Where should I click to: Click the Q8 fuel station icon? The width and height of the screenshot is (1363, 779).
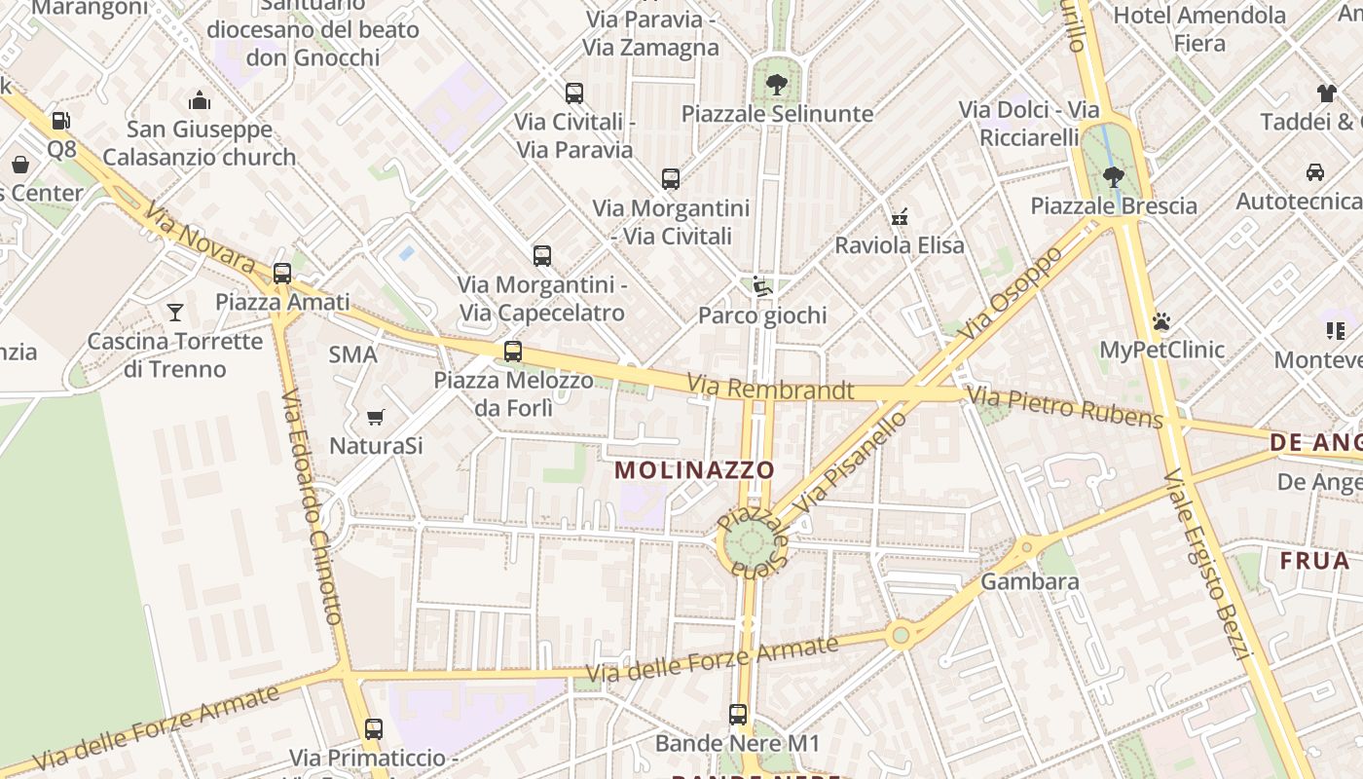[x=60, y=121]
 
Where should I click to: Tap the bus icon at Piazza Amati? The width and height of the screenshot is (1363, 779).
[x=282, y=274]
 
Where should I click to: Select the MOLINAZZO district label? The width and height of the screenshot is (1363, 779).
[x=695, y=470]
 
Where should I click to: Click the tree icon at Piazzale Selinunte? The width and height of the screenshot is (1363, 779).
[x=776, y=85]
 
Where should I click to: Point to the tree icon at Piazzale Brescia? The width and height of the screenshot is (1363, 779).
[x=1114, y=177]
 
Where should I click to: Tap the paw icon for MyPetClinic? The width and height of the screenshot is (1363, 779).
[x=1160, y=321]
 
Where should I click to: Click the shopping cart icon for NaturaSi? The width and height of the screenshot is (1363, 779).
[x=375, y=418]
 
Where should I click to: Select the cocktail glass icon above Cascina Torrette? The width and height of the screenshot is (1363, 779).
[x=175, y=313]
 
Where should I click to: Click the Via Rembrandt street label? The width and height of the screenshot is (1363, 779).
[x=770, y=389]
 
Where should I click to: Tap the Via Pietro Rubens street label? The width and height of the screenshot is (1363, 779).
[x=1064, y=408]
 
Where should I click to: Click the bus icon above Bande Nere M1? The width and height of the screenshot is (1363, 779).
[x=738, y=715]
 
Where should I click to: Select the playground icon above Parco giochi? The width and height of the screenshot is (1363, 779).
[x=762, y=287]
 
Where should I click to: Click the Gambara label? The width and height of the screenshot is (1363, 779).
[x=1030, y=582]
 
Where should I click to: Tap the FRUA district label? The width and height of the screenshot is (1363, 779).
[x=1314, y=561]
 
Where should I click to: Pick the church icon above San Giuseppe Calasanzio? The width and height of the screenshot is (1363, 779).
[x=200, y=100]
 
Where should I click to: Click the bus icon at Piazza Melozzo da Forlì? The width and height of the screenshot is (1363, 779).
[x=513, y=352]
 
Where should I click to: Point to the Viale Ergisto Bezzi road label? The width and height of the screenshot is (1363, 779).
[x=1206, y=564]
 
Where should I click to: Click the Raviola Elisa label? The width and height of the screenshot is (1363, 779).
[x=900, y=245]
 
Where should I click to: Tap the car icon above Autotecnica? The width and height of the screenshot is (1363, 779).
[x=1314, y=172]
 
